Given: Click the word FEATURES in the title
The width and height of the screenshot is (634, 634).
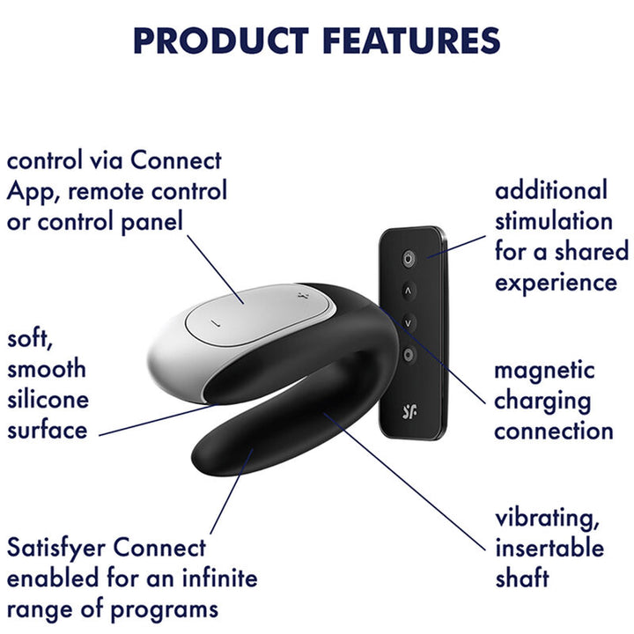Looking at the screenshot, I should coord(412,40).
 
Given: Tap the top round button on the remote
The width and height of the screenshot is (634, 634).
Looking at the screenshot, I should coord(408,258).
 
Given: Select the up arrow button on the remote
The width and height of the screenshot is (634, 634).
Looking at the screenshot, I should coord(408,290).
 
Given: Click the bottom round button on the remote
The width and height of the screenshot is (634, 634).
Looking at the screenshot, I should coord(408,355).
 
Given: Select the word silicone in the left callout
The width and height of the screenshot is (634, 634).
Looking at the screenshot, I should coord(48,399).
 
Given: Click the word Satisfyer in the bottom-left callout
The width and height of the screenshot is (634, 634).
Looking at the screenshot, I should coord(59,547).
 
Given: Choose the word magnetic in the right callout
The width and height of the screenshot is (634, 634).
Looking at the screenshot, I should coord(544,370).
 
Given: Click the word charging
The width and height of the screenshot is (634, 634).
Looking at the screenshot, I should coord(542,401).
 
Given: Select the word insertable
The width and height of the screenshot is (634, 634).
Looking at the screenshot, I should coord(549,547).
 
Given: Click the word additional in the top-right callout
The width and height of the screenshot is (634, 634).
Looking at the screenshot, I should coord(551,190).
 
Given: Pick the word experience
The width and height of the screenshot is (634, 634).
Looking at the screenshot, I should coord(556,282).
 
